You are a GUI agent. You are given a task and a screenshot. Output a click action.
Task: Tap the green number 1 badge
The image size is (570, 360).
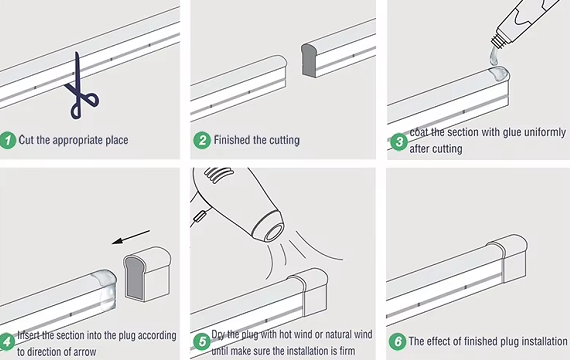tap(9, 140)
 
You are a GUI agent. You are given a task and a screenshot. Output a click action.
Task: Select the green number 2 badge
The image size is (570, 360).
tap(203, 140)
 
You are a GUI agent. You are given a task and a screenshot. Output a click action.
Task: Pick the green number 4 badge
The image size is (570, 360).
tap(9, 342)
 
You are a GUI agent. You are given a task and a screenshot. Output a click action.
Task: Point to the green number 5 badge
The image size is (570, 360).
tap(203, 342)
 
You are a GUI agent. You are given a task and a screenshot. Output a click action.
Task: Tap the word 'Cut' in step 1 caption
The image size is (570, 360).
tap(30, 140)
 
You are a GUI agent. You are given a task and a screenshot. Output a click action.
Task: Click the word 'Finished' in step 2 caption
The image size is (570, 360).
tap(235, 140)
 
